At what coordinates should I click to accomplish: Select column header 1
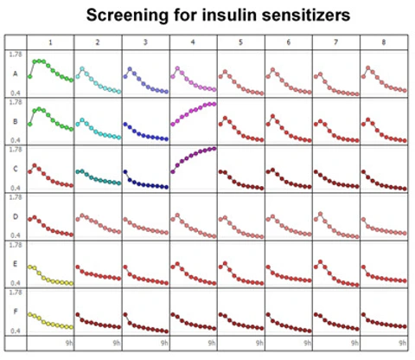[50, 42]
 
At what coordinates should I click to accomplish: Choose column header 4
[193, 42]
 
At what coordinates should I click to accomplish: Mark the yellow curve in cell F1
[49, 321]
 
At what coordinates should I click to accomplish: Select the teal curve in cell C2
[98, 177]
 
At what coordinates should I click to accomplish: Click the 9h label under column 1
[67, 344]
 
